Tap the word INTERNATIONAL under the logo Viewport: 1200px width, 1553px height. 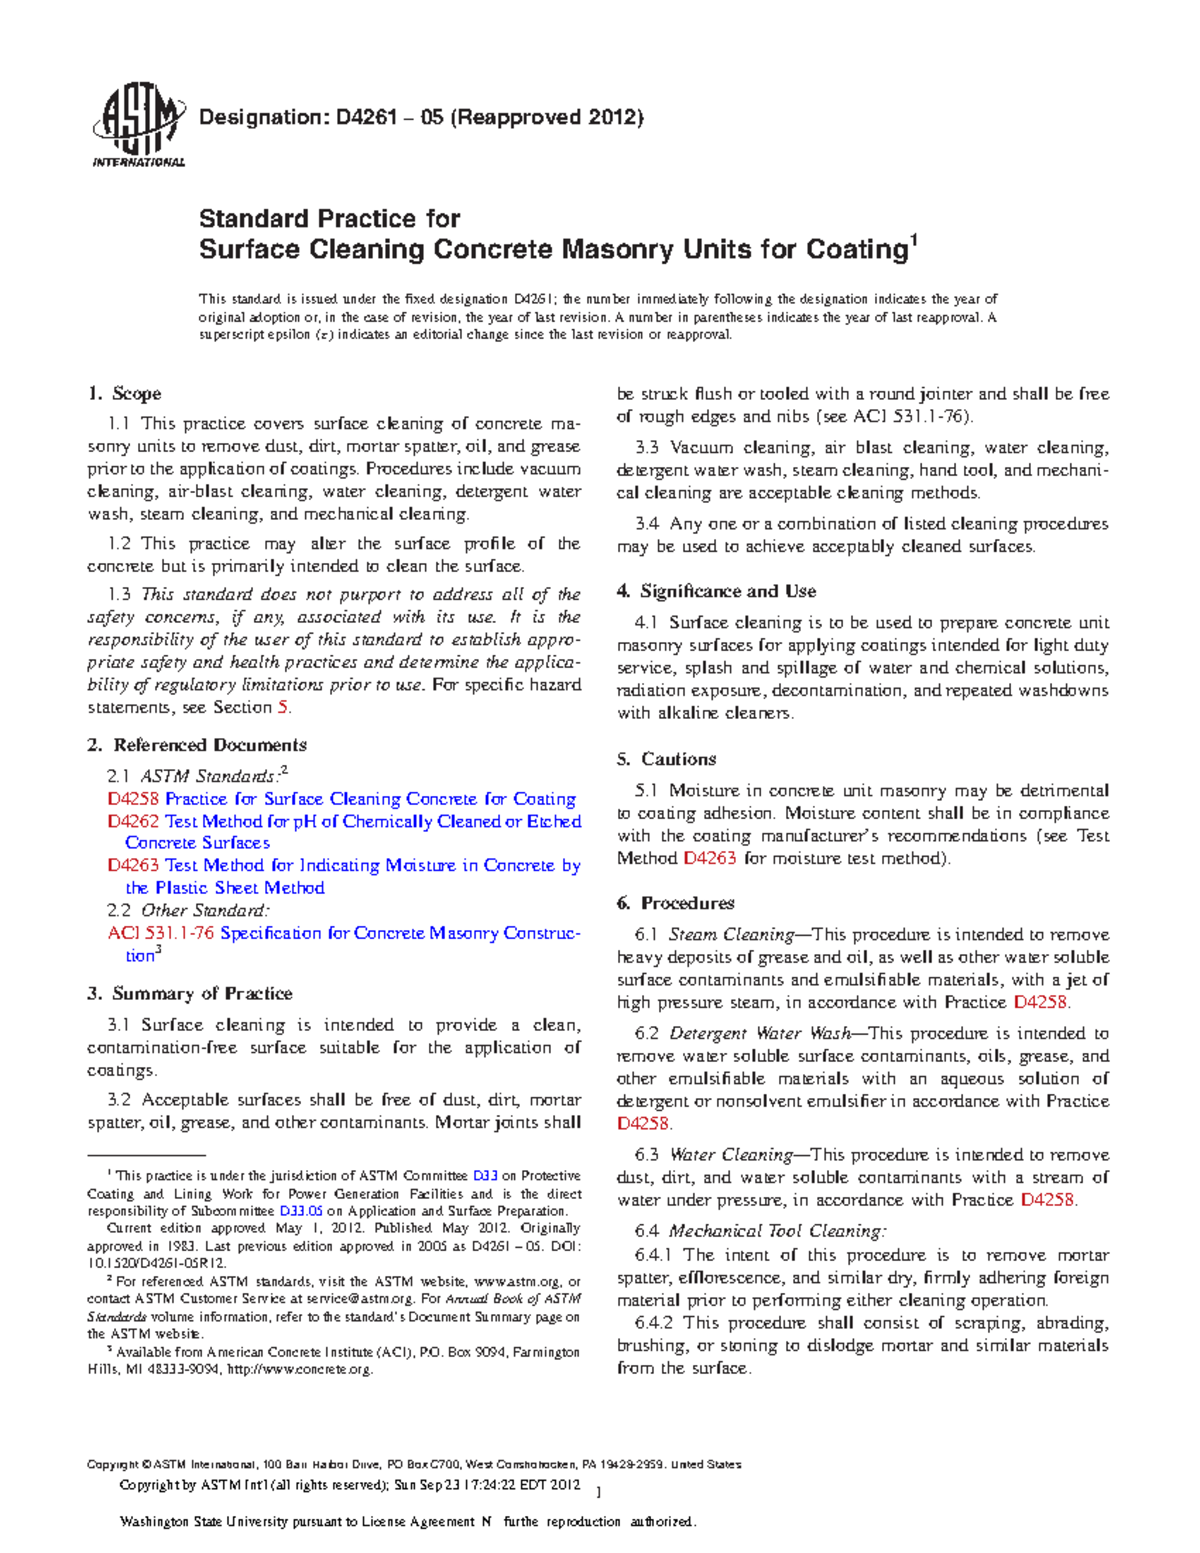pos(138,162)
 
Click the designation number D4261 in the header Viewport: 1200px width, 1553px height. pos(369,118)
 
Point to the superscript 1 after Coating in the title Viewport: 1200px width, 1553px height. pos(912,240)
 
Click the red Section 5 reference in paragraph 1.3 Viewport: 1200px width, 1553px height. pos(283,708)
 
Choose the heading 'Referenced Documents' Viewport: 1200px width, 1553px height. pos(209,745)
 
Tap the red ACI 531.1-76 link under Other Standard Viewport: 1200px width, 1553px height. pos(160,933)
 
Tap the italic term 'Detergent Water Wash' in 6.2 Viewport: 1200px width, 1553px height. pos(760,1034)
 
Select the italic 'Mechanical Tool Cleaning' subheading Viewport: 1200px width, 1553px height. pos(777,1231)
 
